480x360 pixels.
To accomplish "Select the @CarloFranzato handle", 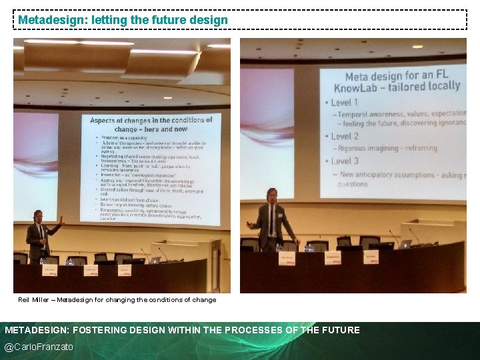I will tap(39, 347).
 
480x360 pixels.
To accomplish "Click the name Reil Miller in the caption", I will tap(34, 300).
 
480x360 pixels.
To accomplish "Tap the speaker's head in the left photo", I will tap(38, 217).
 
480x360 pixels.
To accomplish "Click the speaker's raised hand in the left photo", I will tap(61, 219).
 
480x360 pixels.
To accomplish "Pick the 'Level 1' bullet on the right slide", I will tap(345, 103).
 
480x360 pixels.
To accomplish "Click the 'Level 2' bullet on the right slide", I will tap(345, 136).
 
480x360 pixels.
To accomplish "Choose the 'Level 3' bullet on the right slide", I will tap(345, 161).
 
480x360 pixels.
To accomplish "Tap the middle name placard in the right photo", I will tap(325, 255).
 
